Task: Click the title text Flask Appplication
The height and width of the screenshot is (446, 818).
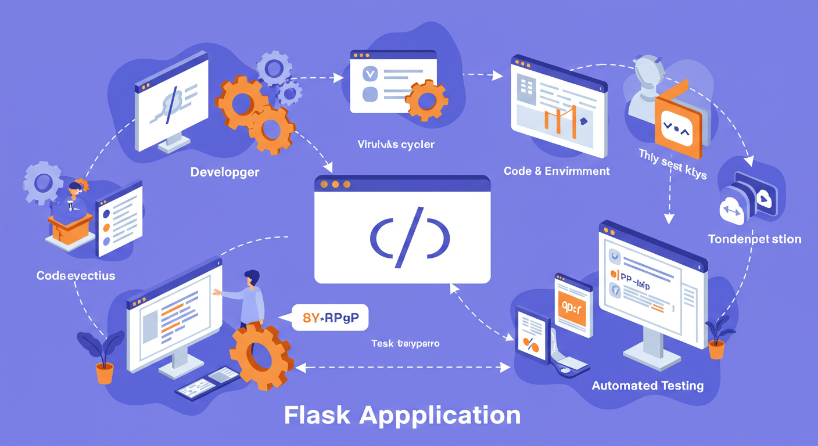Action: (x=402, y=416)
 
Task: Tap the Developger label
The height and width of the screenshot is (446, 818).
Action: (x=224, y=172)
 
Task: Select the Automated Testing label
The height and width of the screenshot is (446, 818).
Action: (x=647, y=385)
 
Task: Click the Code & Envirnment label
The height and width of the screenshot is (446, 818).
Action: (x=557, y=171)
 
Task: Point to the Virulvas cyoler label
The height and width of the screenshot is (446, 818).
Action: (x=396, y=144)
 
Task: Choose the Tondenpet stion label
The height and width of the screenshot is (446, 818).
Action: (x=755, y=239)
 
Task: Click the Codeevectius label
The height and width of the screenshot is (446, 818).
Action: (x=76, y=275)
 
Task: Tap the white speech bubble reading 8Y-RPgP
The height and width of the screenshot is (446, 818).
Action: (x=330, y=318)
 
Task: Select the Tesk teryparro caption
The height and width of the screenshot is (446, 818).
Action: (x=405, y=344)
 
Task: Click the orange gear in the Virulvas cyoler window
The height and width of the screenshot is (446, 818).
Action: (x=426, y=100)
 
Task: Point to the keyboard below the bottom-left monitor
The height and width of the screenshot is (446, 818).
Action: (x=206, y=386)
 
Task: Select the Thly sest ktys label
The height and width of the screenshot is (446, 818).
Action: (x=672, y=164)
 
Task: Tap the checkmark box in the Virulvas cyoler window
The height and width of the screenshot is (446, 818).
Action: (x=370, y=74)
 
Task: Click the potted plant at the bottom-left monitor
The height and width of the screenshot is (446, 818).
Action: (x=103, y=357)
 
